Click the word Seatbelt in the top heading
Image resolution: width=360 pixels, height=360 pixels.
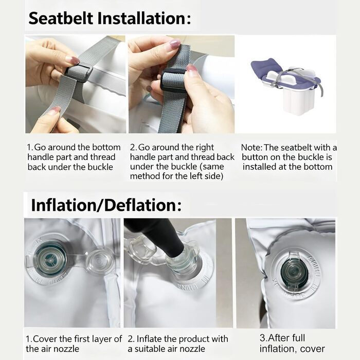[61, 19]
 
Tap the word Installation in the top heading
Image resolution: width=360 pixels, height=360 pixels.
[142, 19]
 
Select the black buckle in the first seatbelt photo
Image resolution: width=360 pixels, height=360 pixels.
[79, 72]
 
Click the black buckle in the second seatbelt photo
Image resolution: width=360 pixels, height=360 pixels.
[173, 79]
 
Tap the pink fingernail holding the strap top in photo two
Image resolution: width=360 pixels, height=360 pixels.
[175, 43]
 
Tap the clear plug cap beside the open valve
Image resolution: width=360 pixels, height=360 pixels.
[98, 260]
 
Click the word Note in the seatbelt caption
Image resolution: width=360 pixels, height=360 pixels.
[251, 148]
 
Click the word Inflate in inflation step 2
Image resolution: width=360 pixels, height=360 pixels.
[149, 339]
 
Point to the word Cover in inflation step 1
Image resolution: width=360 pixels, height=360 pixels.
[45, 339]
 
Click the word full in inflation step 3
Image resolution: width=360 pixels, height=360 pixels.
[299, 338]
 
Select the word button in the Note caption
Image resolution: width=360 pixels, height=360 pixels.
[255, 157]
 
